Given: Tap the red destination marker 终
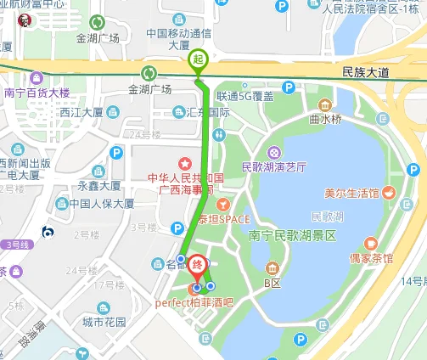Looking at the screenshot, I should (197, 266).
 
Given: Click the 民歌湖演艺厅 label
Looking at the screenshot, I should (273, 166).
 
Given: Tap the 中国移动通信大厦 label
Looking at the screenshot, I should (178, 39).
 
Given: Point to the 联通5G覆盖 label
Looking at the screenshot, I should (244, 96).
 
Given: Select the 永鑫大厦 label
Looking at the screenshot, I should (99, 185).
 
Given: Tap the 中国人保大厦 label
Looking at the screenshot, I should (101, 204).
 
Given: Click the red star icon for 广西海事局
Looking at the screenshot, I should (183, 163).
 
